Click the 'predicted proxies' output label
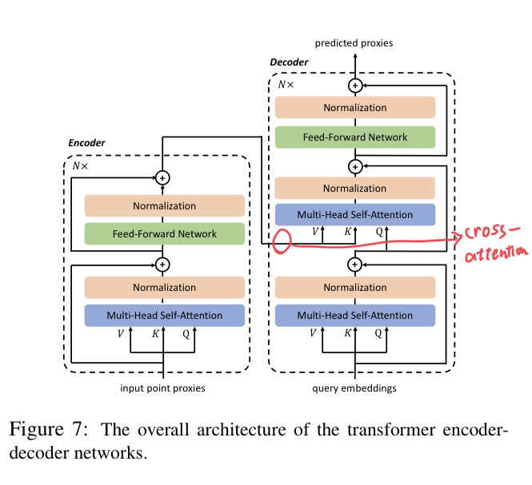[354, 43]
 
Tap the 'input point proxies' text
[163, 388]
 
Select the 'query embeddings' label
[354, 388]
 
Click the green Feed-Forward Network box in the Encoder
[164, 234]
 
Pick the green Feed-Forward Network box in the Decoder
[354, 137]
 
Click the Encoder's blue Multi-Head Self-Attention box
[164, 315]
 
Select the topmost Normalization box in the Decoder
[354, 108]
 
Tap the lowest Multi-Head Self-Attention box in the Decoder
[354, 315]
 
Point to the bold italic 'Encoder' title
[86, 143]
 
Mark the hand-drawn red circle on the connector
[281, 241]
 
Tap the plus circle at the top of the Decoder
[354, 85]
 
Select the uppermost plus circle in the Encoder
[163, 177]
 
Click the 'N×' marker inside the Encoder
[82, 166]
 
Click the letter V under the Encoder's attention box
[121, 335]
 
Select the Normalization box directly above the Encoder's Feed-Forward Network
[164, 206]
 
